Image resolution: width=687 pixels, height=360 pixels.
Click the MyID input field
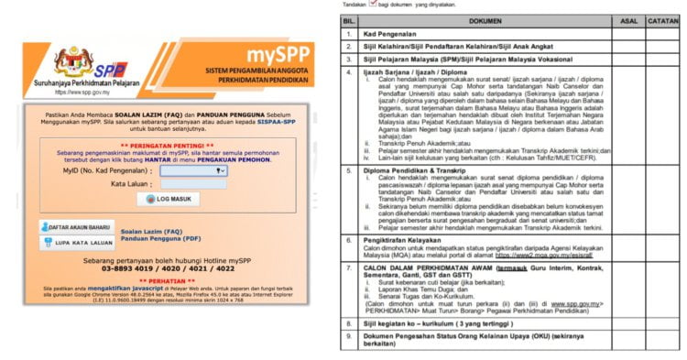tap(192, 169)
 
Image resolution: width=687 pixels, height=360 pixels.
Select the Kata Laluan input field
tap(192, 183)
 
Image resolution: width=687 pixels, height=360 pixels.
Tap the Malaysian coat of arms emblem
tap(73, 60)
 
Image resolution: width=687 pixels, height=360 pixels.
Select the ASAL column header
tap(629, 18)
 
